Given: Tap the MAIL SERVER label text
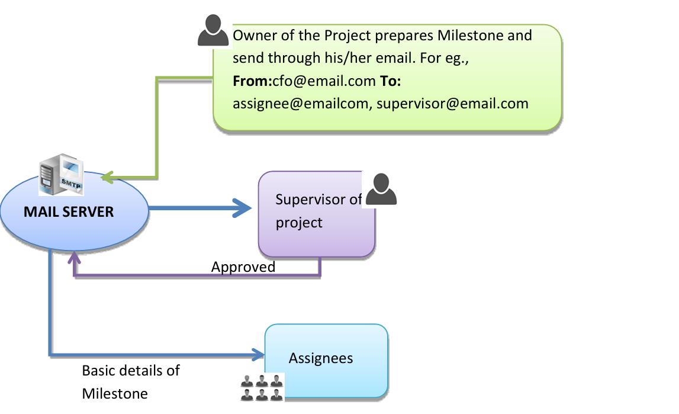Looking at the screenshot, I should [x=69, y=211].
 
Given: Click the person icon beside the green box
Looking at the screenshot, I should [x=213, y=31].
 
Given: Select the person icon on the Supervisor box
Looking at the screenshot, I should [x=381, y=190].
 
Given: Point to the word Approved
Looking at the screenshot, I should [x=243, y=267].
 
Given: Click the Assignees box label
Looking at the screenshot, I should [x=321, y=358].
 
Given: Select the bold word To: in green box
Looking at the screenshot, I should [x=390, y=80].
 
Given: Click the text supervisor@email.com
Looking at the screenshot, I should [x=452, y=104].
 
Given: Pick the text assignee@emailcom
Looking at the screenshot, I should [x=301, y=104].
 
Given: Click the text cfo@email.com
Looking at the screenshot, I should [x=324, y=80].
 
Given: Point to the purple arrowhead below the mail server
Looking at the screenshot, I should [x=75, y=257].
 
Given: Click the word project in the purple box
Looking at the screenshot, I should [x=300, y=223].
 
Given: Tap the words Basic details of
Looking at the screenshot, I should [x=131, y=371].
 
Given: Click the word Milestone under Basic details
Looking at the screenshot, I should [x=115, y=393].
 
